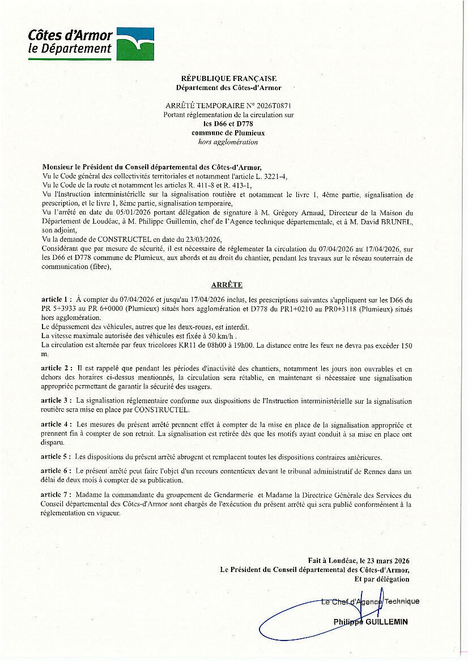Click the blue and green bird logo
click(x=135, y=44)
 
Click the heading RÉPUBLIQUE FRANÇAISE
click(x=228, y=78)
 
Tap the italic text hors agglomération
click(x=228, y=142)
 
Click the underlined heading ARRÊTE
click(x=227, y=285)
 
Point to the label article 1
click(x=56, y=299)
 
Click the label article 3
click(x=56, y=401)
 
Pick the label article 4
click(x=56, y=424)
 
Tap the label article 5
click(x=56, y=456)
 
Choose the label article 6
click(x=56, y=471)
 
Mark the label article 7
click(x=56, y=494)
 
